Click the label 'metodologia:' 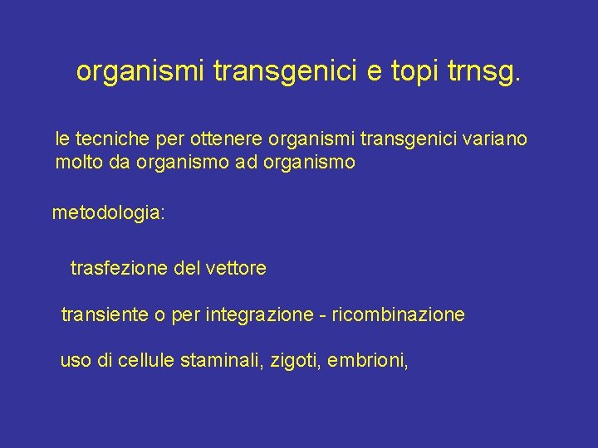pyautogui.click(x=109, y=213)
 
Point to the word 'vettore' pyautogui.click(x=236, y=268)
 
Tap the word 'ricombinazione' pyautogui.click(x=399, y=315)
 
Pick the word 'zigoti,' pyautogui.click(x=297, y=361)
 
